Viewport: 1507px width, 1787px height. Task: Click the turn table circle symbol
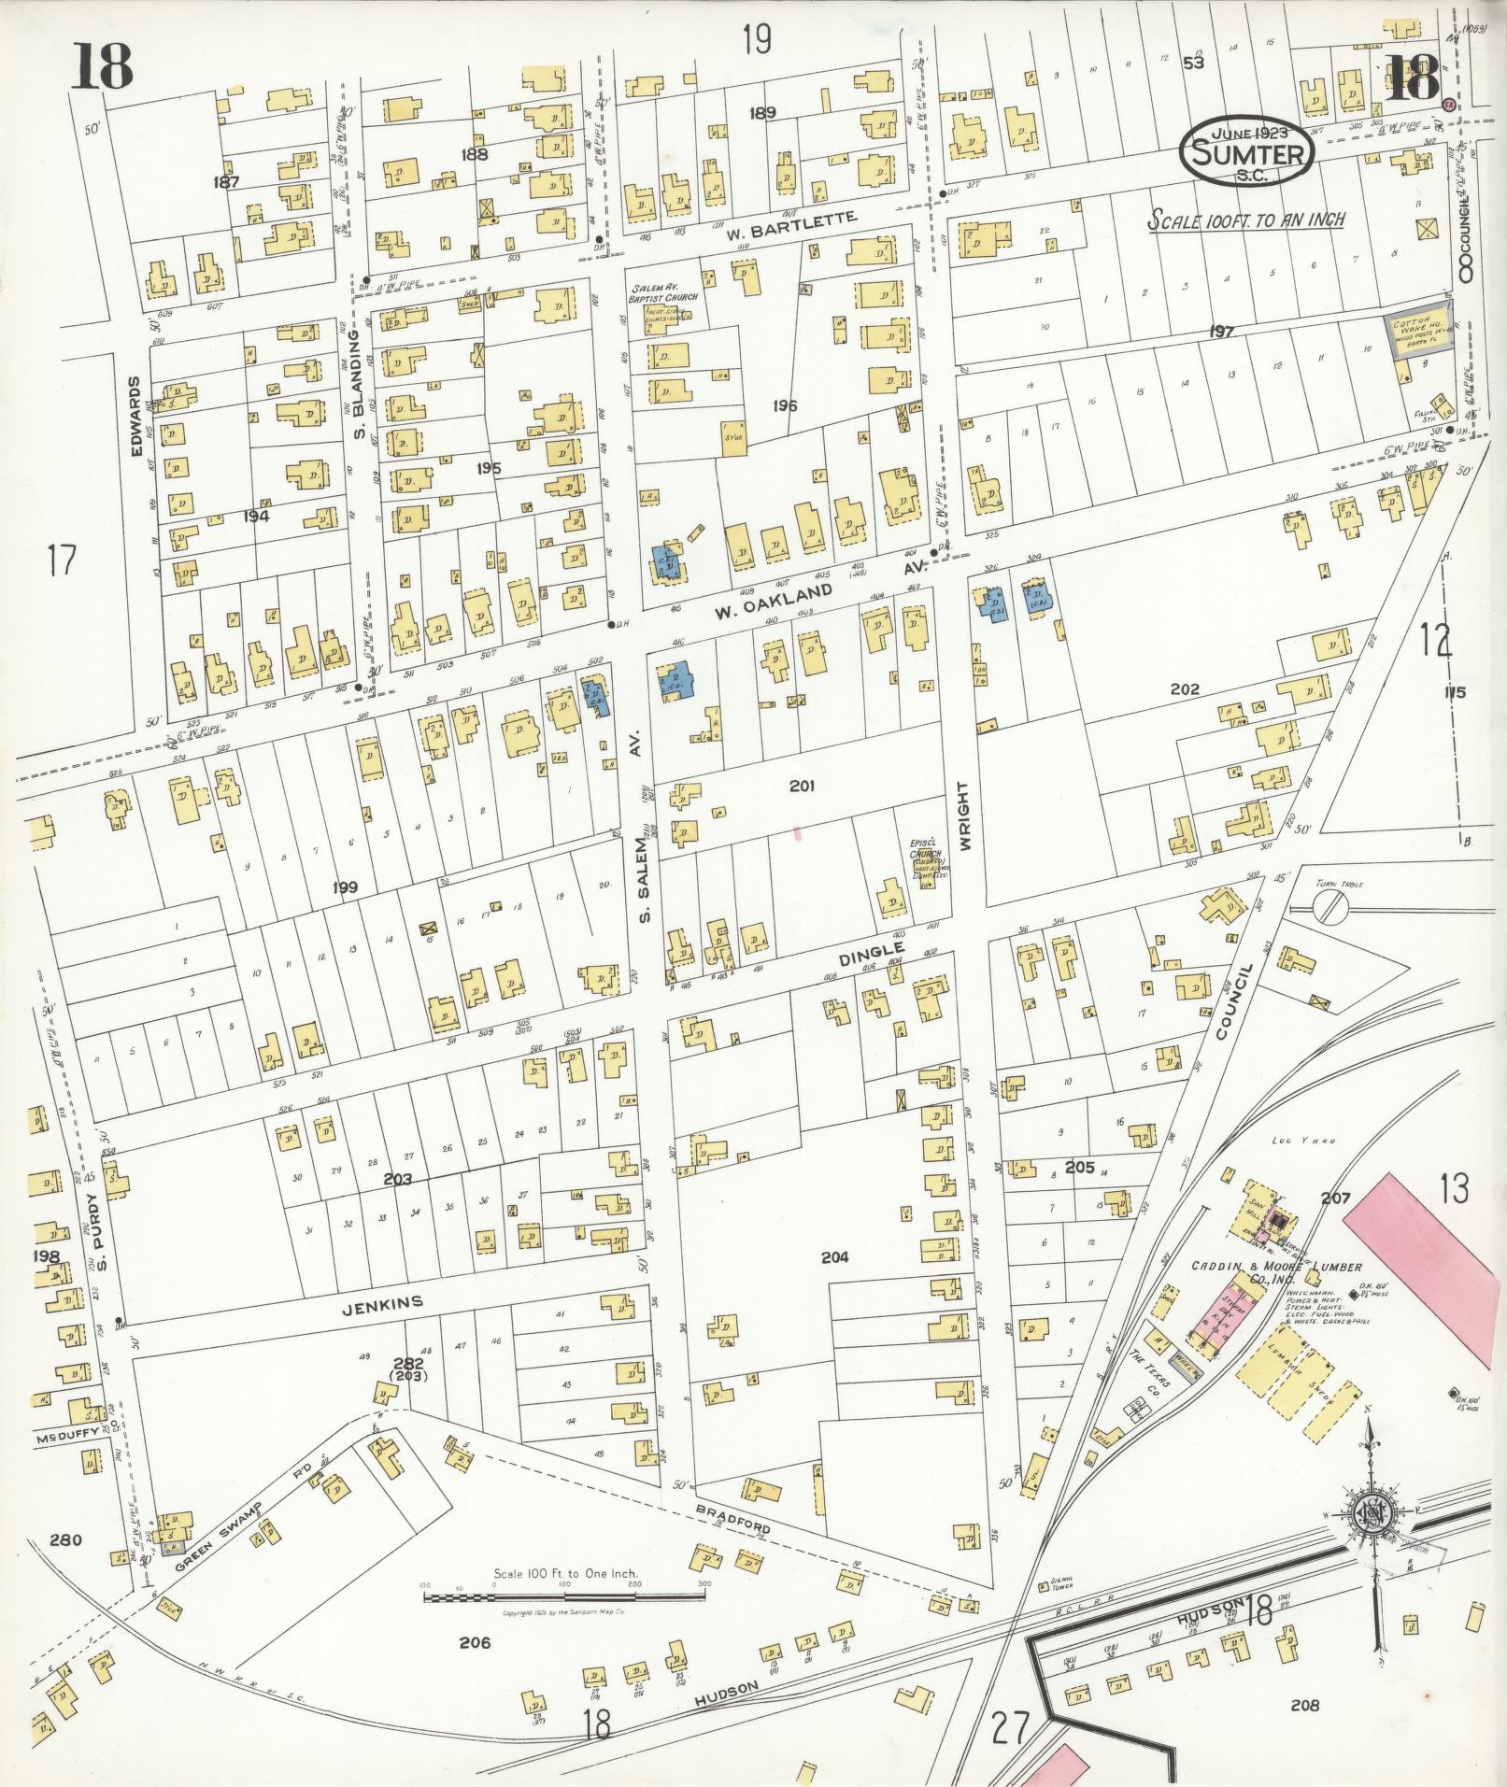(x=1330, y=905)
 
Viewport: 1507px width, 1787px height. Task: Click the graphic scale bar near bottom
(x=564, y=1598)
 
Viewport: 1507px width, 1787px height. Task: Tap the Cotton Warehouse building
(x=1418, y=333)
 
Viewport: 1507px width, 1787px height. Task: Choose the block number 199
(x=343, y=886)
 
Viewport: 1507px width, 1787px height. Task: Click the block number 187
(x=226, y=182)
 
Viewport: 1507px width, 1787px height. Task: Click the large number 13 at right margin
(x=1455, y=1189)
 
